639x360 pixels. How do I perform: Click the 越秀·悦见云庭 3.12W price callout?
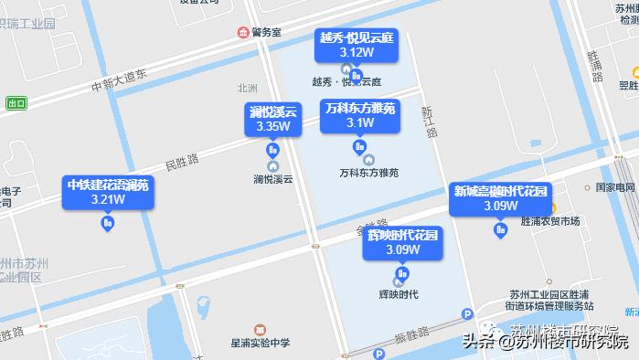357,45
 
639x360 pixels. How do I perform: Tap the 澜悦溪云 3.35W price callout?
273,119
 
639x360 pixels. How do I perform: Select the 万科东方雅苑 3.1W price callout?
360,115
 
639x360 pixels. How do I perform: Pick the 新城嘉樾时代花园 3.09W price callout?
500,198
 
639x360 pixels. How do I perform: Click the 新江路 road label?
427,123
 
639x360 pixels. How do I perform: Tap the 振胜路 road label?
414,334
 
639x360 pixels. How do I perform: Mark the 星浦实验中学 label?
261,343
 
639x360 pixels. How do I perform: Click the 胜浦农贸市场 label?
549,222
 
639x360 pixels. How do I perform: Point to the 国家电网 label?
614,186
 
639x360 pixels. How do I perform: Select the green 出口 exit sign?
16,103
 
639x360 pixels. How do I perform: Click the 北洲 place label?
247,89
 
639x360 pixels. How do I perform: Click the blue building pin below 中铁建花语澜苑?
108,222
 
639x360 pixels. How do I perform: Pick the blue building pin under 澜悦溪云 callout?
272,150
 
